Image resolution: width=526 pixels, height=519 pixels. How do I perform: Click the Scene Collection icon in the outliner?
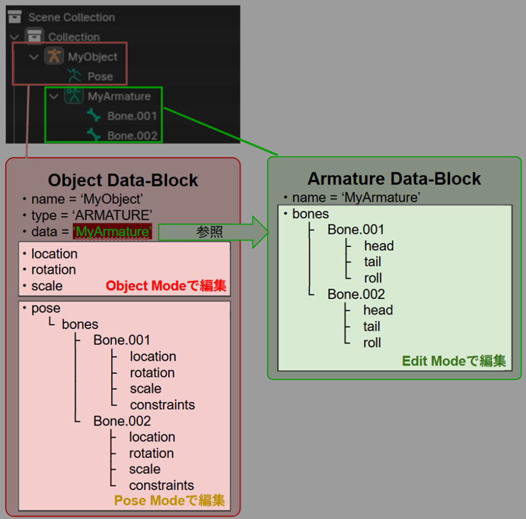coord(14,16)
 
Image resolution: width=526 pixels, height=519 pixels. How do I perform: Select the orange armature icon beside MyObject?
coord(54,56)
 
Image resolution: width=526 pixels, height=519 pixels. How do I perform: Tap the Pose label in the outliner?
coord(100,76)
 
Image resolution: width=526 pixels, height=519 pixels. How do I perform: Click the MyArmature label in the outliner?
coord(119,96)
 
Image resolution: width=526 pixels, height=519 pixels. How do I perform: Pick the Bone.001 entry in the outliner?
coord(132,116)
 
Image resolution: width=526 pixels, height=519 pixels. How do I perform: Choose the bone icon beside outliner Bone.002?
coord(93,135)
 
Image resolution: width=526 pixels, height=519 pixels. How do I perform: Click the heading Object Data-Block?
coord(123,180)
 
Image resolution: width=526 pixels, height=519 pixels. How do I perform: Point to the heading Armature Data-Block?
coord(394,178)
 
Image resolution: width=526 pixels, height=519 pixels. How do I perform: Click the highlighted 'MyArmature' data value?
coord(112,232)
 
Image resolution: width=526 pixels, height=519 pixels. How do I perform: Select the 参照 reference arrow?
coord(213,232)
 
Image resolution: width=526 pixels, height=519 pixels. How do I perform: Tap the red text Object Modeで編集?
coord(166,286)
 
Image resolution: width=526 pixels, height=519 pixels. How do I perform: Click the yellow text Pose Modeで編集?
coord(170,500)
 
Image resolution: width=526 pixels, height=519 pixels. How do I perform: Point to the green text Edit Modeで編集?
coord(454,361)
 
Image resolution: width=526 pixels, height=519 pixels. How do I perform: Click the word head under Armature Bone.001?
coord(379,246)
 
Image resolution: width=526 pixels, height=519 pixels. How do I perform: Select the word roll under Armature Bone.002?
coord(372,343)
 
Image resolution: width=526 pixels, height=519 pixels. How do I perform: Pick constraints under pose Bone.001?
coord(162,405)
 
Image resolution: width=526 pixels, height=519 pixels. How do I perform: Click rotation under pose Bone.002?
coord(152,453)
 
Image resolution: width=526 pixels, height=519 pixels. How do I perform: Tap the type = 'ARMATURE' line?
coord(91,215)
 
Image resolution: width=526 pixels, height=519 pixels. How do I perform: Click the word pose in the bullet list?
coord(46,308)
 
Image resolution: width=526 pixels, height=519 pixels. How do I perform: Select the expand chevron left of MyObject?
coord(34,57)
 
